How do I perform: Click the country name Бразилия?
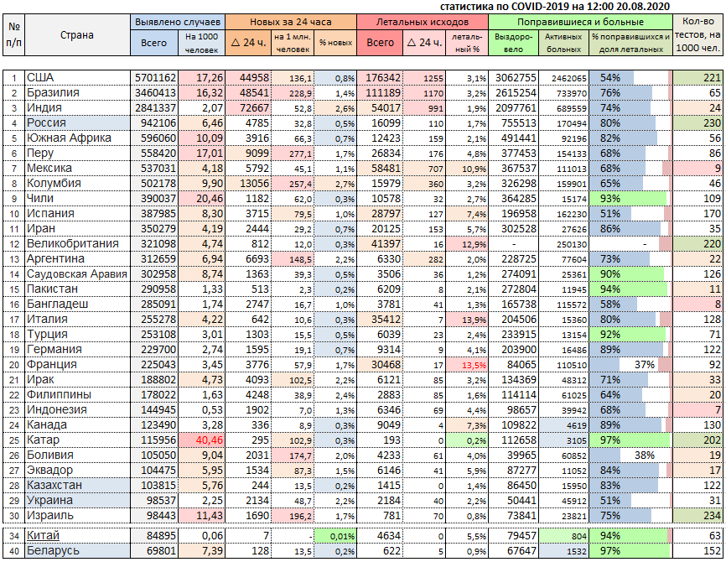pyautogui.click(x=53, y=92)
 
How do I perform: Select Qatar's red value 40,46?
pyautogui.click(x=210, y=440)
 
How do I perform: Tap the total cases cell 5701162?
pyautogui.click(x=155, y=78)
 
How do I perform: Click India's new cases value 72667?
pyautogui.click(x=254, y=108)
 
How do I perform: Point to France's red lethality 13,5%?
pyautogui.click(x=474, y=365)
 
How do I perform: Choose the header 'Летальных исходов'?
pyautogui.click(x=422, y=22)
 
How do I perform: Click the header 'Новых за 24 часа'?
pyautogui.click(x=290, y=22)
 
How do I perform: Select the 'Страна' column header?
pyautogui.click(x=77, y=34)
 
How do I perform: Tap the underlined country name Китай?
pyautogui.click(x=43, y=536)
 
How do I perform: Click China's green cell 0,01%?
pyautogui.click(x=342, y=537)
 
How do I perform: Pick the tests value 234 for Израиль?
pyautogui.click(x=712, y=515)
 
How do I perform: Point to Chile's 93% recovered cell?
pyautogui.click(x=609, y=199)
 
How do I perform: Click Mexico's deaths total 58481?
pyautogui.click(x=386, y=169)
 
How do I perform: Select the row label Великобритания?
pyautogui.click(x=73, y=244)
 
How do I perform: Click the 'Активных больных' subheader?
pyautogui.click(x=563, y=43)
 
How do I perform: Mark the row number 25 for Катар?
pyautogui.click(x=14, y=440)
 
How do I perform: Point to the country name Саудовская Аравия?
pyautogui.click(x=77, y=273)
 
